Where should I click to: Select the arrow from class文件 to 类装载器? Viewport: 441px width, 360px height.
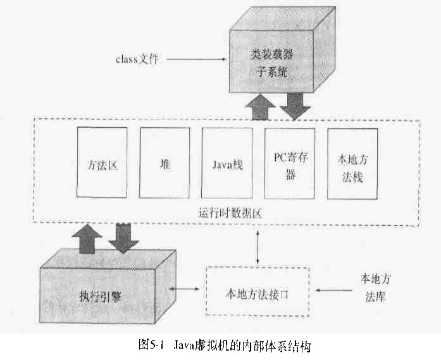[x=197, y=61]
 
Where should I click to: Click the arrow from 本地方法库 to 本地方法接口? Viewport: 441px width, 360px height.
[x=333, y=292]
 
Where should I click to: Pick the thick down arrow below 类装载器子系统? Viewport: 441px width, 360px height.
[x=295, y=105]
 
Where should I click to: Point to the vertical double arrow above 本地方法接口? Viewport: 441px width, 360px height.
[x=258, y=247]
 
